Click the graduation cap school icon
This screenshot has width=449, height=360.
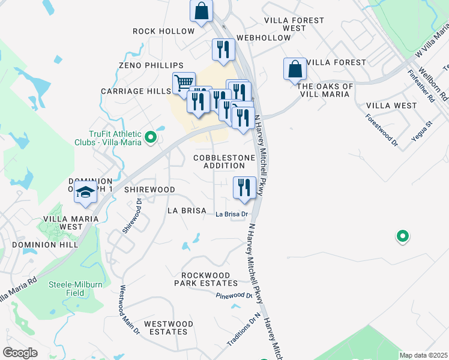tap(85, 193)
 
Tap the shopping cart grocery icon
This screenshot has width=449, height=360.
tap(184, 82)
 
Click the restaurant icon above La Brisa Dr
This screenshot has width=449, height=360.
tap(244, 187)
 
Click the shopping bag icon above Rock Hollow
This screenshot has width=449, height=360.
tap(202, 10)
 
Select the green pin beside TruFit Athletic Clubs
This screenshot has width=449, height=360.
tap(151, 137)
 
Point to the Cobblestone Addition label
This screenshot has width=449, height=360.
tap(224, 161)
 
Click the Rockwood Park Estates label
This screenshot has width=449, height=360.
tap(206, 278)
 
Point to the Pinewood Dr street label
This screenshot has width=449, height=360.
tap(234, 296)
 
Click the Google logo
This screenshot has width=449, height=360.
tap(20, 353)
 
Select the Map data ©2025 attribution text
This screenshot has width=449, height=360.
tap(423, 355)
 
